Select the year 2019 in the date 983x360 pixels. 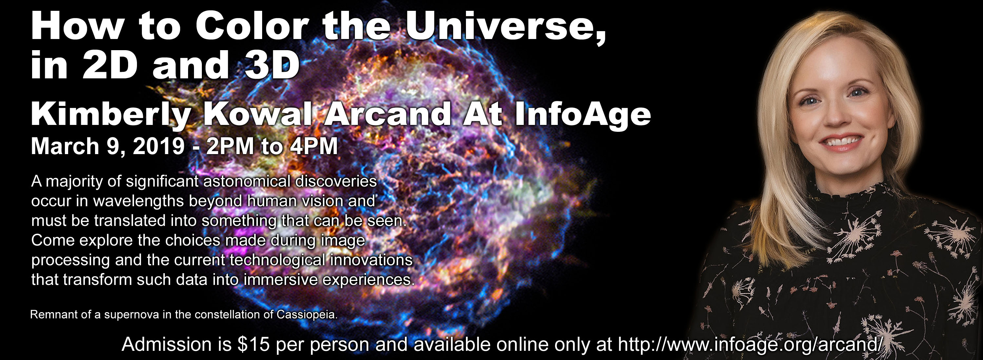(x=159, y=146)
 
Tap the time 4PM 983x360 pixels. (x=314, y=146)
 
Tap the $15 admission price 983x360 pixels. (x=253, y=344)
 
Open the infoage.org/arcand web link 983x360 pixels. (x=749, y=344)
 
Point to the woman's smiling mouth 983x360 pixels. (x=841, y=143)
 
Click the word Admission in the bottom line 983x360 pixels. (x=166, y=344)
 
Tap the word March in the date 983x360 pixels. (x=65, y=146)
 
